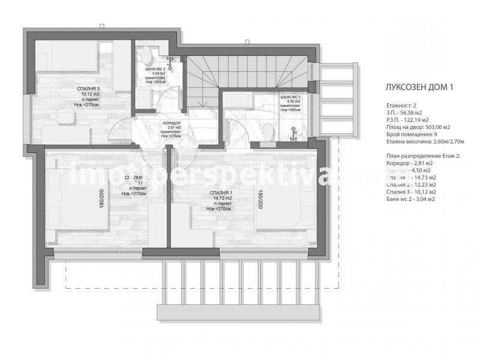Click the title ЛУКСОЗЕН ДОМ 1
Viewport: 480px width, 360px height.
419,86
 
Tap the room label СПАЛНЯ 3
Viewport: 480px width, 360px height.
88,89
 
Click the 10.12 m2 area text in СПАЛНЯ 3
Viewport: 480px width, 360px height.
88,94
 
